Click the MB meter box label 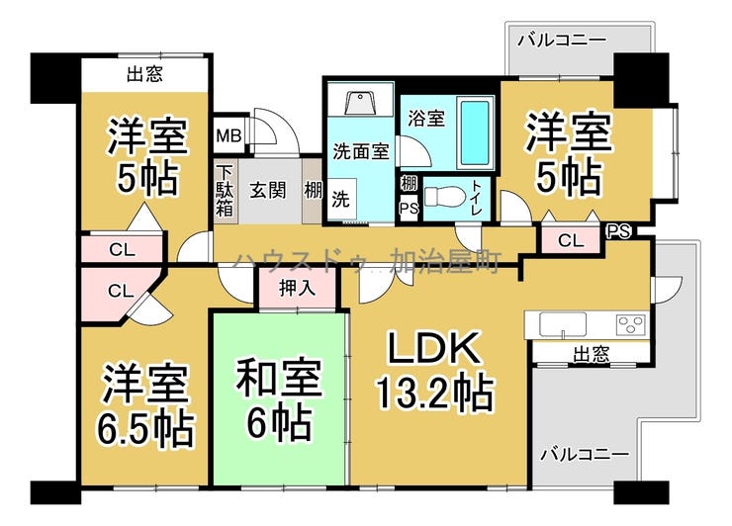coord(229,135)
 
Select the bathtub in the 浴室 coord(475,132)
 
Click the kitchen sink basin coord(563,323)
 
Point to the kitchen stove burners coord(631,325)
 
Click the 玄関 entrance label coord(267,190)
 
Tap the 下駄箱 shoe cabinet coord(225,191)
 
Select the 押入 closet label coord(297,288)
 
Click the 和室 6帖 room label coord(279,399)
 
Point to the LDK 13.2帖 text coord(435,371)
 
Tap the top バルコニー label coord(562,40)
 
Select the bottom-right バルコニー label coord(585,454)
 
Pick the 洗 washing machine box coord(341,200)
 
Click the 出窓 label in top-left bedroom coord(145,74)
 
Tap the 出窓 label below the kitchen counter coord(591,354)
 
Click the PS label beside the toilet coord(409,209)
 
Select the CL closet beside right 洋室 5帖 coord(571,240)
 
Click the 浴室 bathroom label coord(425,118)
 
